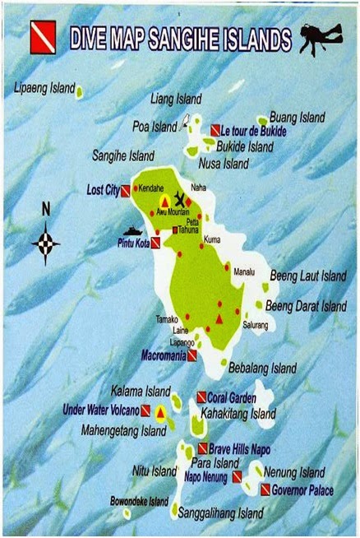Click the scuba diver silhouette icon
point(320,38)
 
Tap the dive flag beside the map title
point(43,39)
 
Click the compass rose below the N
point(46,243)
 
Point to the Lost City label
point(103,190)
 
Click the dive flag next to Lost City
point(126,191)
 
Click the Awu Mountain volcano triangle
point(165,201)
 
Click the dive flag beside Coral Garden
point(201,397)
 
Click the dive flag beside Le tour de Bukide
point(215,130)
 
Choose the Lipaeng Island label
point(45,87)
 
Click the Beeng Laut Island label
point(308,276)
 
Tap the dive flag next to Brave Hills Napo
point(202,449)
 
